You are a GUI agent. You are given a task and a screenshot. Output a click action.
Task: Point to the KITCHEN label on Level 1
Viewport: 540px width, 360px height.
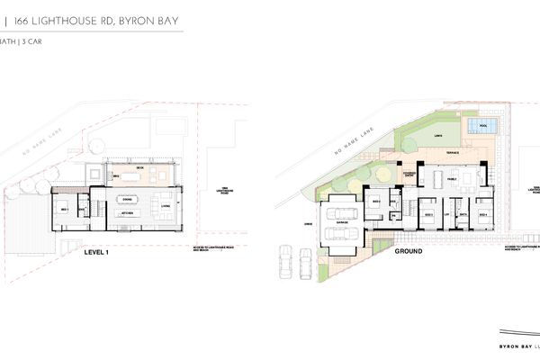[x=128, y=213]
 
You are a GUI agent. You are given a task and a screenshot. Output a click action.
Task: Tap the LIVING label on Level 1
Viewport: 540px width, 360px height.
[x=166, y=205]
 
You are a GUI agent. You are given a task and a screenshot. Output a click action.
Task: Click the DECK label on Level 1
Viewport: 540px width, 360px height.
[x=139, y=168]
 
